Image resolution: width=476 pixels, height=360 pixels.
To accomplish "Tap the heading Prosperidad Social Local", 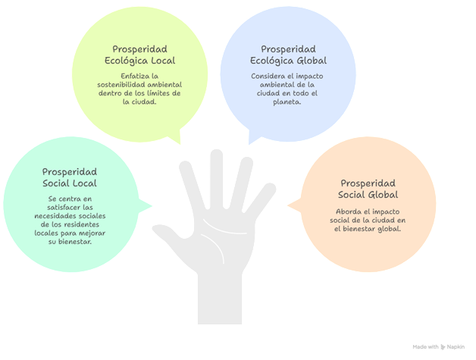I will [69, 177].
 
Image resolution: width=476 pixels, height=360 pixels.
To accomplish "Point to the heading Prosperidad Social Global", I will [367, 189].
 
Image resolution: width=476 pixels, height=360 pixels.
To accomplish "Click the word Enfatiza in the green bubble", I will [124, 77].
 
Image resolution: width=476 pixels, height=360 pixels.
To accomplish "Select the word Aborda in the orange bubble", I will [350, 211].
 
